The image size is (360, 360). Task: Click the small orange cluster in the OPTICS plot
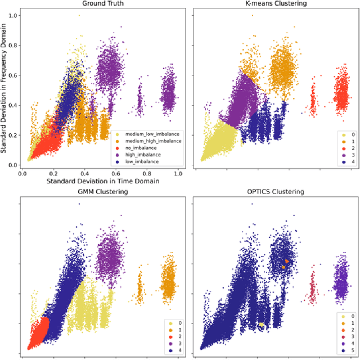(x=287, y=261)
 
